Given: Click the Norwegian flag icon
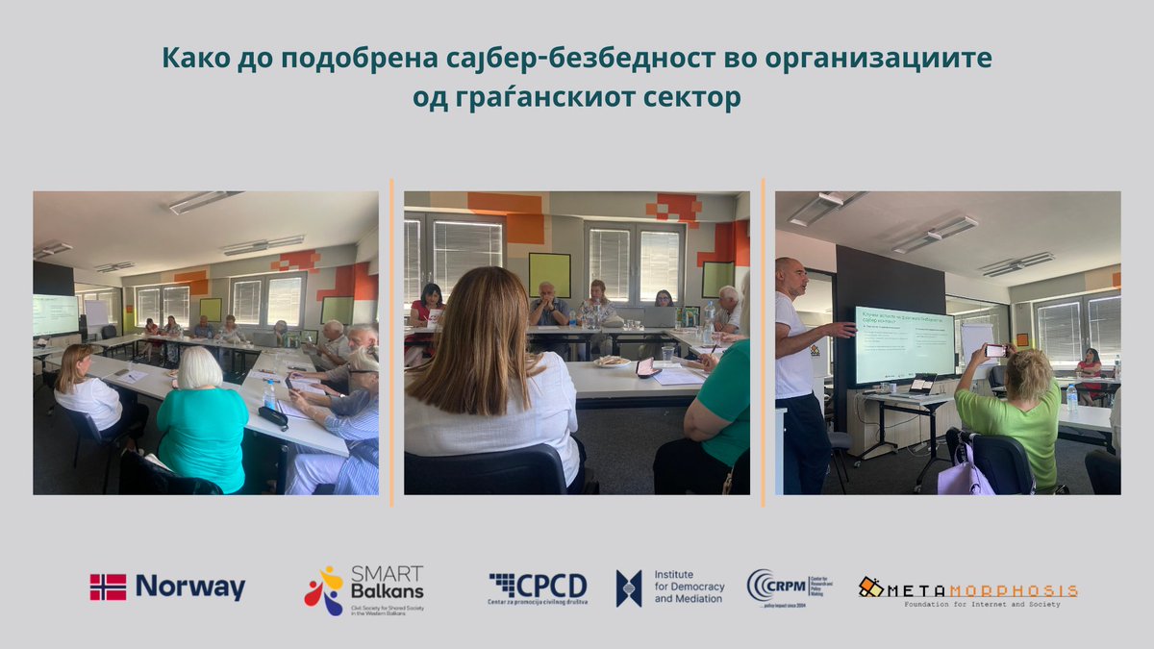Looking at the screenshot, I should [x=108, y=587].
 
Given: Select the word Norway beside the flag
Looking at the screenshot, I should [x=189, y=587].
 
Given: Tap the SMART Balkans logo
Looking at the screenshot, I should [x=364, y=589].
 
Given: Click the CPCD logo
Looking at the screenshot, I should [x=538, y=587].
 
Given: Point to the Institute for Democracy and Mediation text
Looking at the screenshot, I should [x=689, y=587].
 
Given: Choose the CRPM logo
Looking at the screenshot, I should [x=789, y=587].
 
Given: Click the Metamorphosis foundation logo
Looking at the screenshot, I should [x=966, y=589].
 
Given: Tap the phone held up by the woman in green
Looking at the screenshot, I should [x=995, y=350].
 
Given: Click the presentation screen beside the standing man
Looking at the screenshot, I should [x=904, y=344].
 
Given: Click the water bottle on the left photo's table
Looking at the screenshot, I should [x=269, y=393].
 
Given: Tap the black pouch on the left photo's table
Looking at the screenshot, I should [x=272, y=416].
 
